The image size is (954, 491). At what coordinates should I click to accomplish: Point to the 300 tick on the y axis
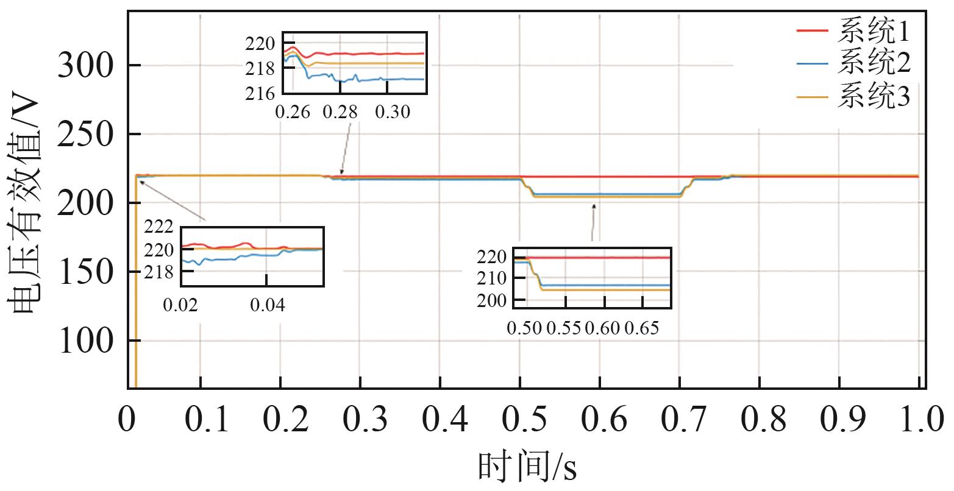pyautogui.click(x=85, y=65)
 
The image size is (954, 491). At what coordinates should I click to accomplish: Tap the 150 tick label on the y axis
pyautogui.click(x=85, y=272)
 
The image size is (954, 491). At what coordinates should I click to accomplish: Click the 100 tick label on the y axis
pyautogui.click(x=85, y=341)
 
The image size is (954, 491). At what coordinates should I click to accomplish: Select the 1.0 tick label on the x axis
pyautogui.click(x=918, y=420)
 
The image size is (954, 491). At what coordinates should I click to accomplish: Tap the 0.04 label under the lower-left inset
pyautogui.click(x=267, y=305)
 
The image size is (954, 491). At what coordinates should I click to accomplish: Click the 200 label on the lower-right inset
pyautogui.click(x=491, y=300)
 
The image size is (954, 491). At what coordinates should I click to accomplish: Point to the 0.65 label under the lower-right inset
pyautogui.click(x=642, y=329)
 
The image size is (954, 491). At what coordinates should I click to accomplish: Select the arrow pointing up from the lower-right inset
pyautogui.click(x=593, y=222)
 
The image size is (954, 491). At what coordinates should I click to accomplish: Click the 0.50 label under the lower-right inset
pyautogui.click(x=524, y=329)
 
